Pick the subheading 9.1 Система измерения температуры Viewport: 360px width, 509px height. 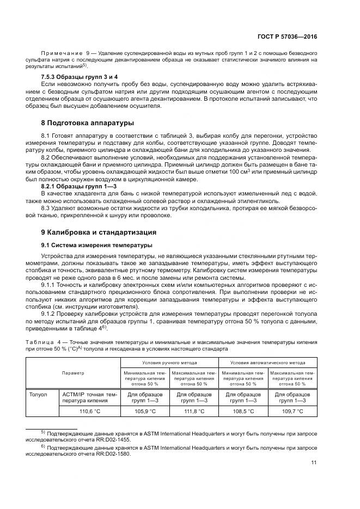tap(97, 244)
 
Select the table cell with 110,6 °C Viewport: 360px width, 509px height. tap(90, 411)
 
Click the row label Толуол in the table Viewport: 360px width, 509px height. tap(39, 394)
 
